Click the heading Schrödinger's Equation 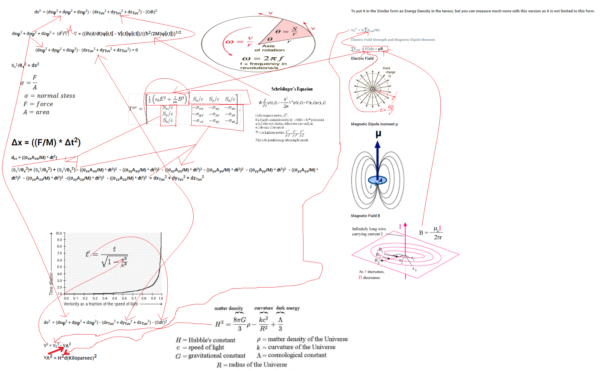pos(292,89)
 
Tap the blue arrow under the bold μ pos(377,158)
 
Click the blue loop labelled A pos(377,180)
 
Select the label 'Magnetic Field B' pos(365,216)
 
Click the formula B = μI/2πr pos(430,233)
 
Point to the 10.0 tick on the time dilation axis pos(59,233)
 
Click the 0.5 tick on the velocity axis pos(115,298)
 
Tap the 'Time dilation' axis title pos(51,284)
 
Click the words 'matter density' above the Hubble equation pos(228,308)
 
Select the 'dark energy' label pos(288,308)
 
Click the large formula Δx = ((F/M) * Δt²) pos(46,142)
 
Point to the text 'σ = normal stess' pos(50,96)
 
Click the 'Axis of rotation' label pos(269,48)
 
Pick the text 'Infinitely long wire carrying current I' pos(368,231)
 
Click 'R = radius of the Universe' pos(251,364)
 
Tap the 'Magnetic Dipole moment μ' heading pos(374,124)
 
